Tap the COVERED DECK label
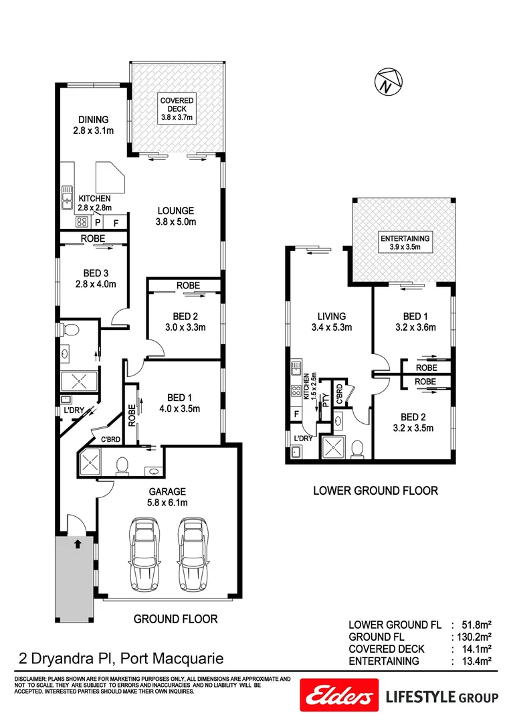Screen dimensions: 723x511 (x=177, y=109)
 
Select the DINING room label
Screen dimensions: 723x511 (x=93, y=125)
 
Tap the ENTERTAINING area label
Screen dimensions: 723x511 (x=405, y=242)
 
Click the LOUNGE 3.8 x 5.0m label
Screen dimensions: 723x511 (x=177, y=215)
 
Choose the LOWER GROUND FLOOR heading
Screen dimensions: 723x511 (x=375, y=491)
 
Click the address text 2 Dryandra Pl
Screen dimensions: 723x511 (x=117, y=659)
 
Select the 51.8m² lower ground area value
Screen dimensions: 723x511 (x=477, y=624)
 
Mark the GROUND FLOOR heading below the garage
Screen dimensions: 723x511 (x=175, y=619)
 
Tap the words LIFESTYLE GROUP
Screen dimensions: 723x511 (x=442, y=698)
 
